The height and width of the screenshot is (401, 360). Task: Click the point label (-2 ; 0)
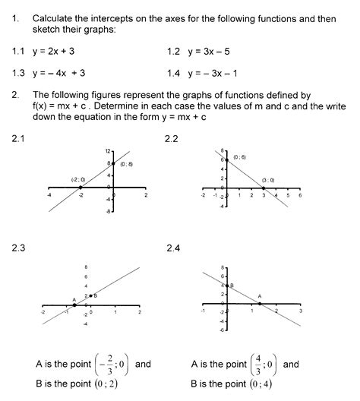[x=77, y=179]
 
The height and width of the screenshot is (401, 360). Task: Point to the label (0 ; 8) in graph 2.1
[x=127, y=164]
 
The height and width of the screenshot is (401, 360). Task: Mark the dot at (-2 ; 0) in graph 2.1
[x=81, y=186]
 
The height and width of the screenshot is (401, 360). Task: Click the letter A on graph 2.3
[x=74, y=299]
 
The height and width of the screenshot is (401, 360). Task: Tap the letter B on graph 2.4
[x=232, y=285]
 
